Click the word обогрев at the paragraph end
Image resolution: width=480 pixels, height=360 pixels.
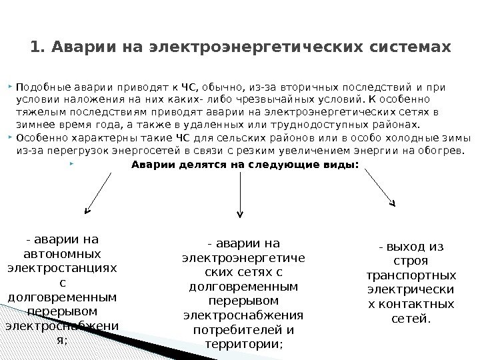click(439, 151)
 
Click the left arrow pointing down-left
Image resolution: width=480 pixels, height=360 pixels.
click(98, 193)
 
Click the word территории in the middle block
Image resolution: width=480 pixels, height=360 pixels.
click(241, 344)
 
